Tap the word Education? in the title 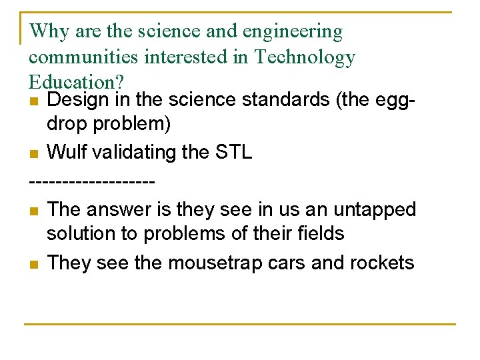[x=76, y=82]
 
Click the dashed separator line [x=93, y=181]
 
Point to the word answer [x=121, y=209]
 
